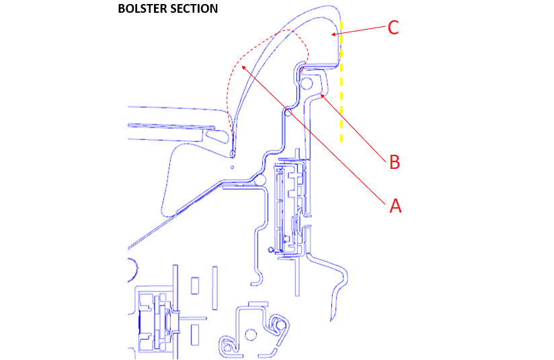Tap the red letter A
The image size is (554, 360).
coord(395,206)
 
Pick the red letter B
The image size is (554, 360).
coord(395,162)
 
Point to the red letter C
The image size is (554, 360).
coord(393,28)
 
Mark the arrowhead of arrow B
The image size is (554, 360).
coord(323,95)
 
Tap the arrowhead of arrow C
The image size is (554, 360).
coord(332,34)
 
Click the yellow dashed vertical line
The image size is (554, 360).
coord(342,87)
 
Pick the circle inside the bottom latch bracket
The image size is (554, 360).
coord(251,333)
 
